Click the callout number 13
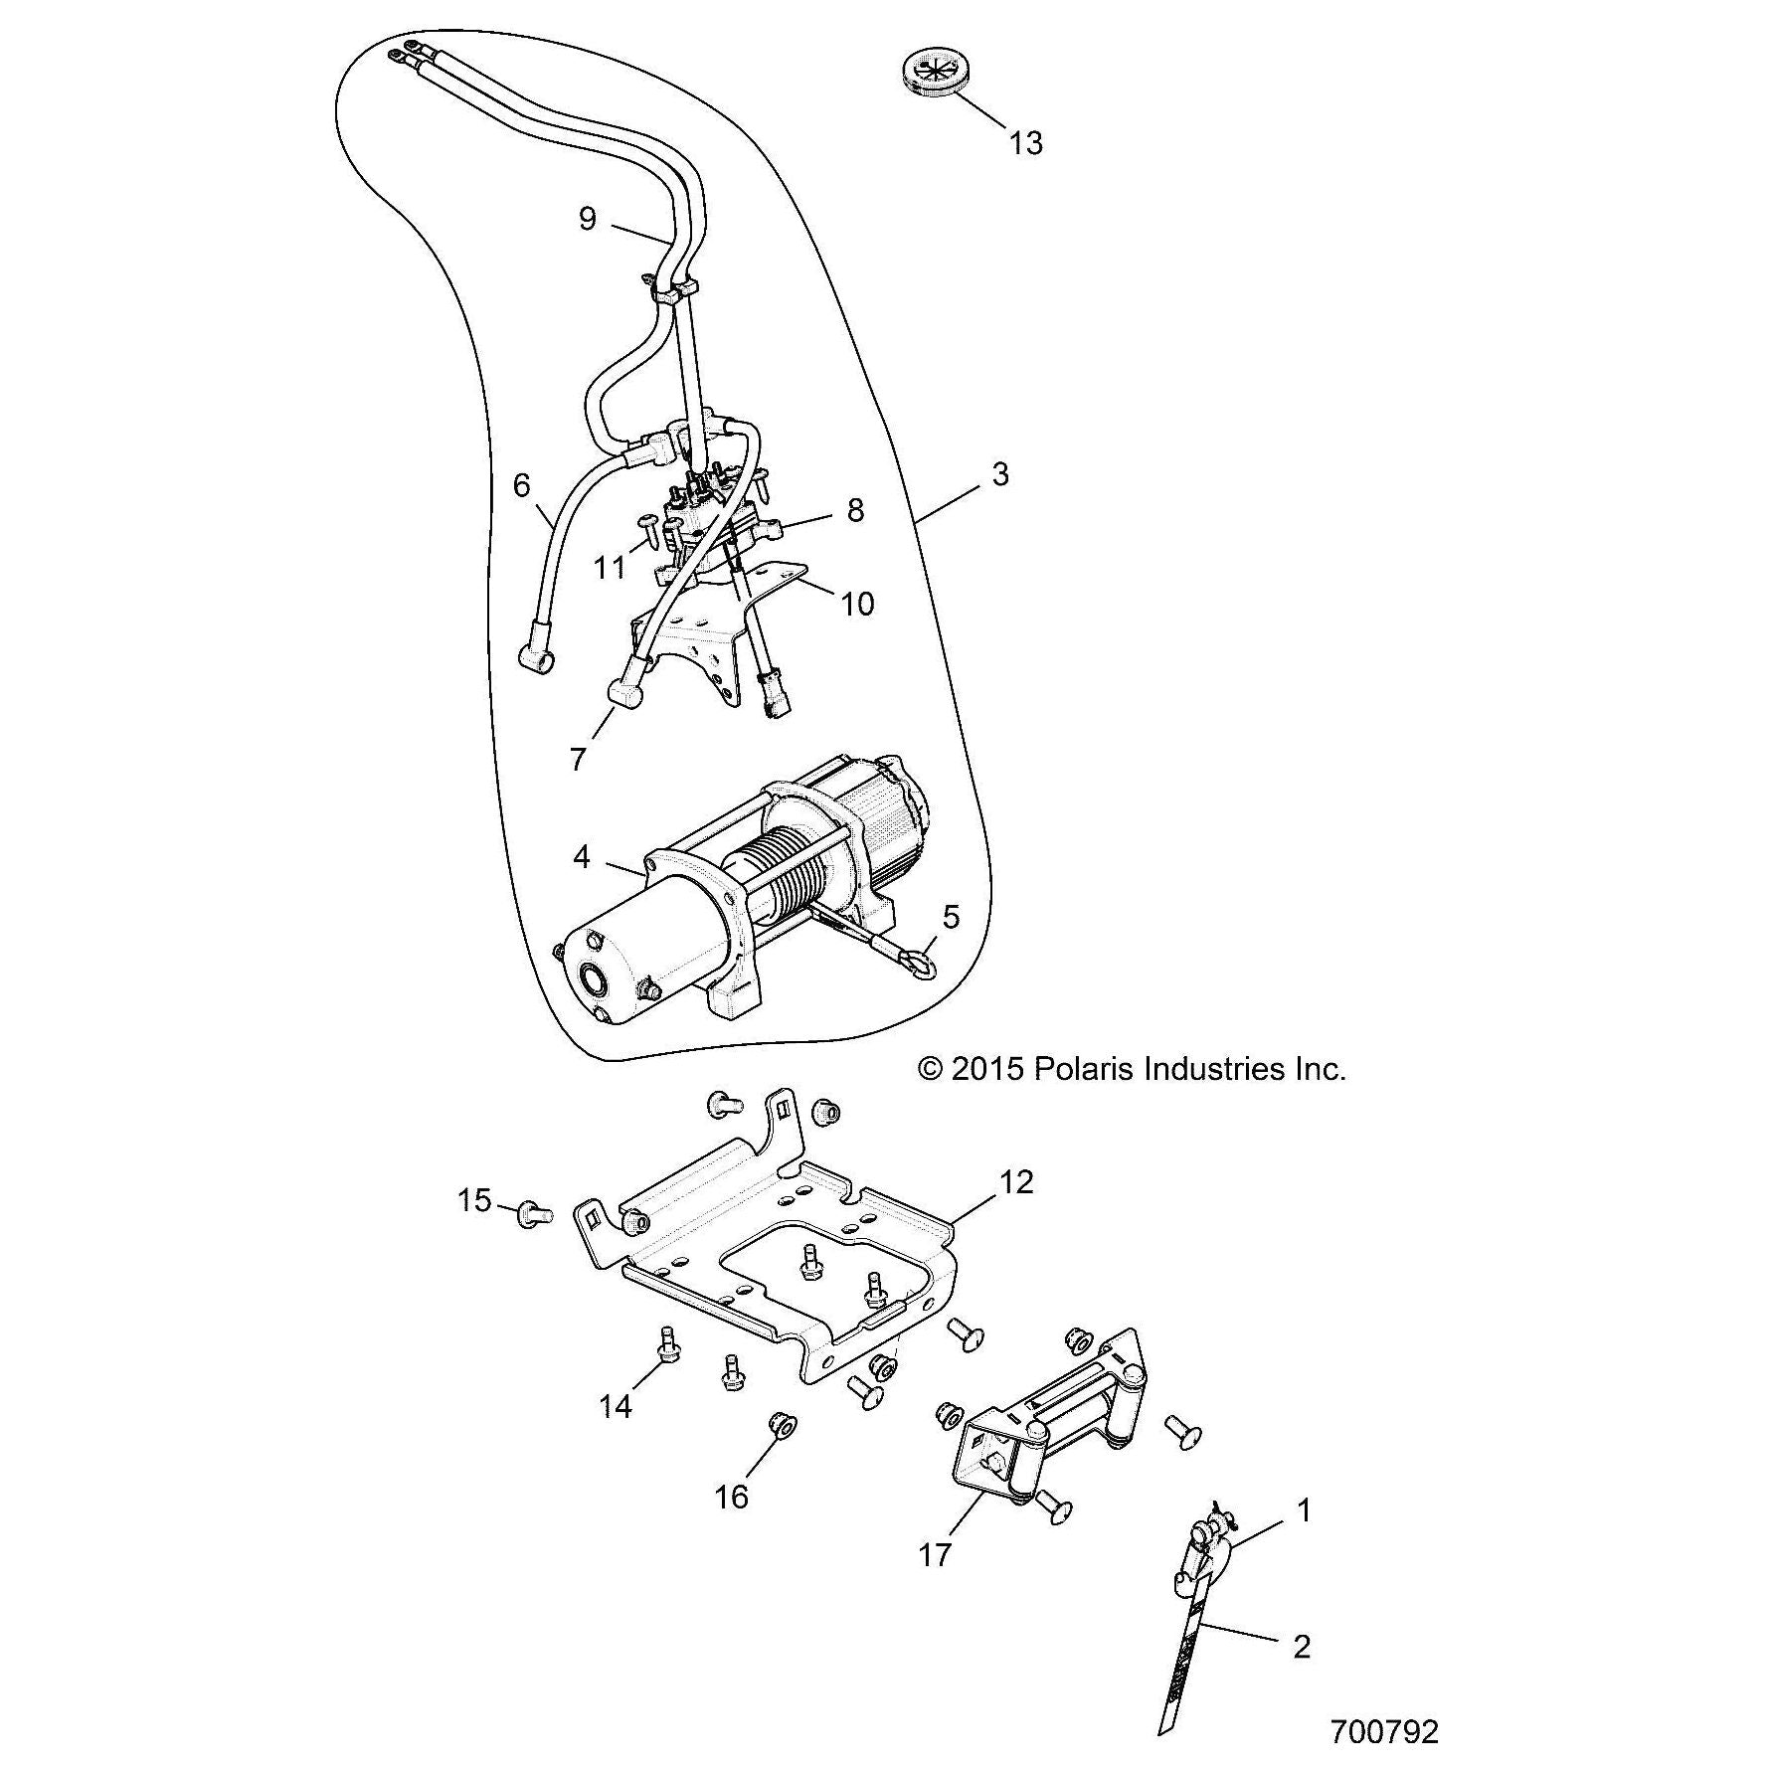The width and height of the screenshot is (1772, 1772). tap(1025, 143)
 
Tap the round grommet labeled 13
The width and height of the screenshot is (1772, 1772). tap(935, 73)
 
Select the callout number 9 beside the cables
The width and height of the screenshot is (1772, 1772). tap(587, 218)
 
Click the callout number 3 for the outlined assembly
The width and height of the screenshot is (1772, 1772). tap(1000, 474)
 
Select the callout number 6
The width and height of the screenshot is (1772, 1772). tap(521, 485)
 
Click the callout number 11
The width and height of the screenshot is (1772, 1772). tap(609, 567)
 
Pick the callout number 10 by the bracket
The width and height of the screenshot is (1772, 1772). tap(857, 603)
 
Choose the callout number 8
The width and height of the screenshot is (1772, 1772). tap(855, 510)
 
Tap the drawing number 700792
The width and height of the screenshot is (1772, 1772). tap(1384, 1731)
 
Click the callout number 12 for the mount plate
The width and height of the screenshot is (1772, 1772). tap(1016, 1181)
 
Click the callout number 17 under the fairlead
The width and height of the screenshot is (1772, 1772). tap(935, 1554)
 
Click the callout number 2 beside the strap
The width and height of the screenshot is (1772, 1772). tap(1302, 1647)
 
